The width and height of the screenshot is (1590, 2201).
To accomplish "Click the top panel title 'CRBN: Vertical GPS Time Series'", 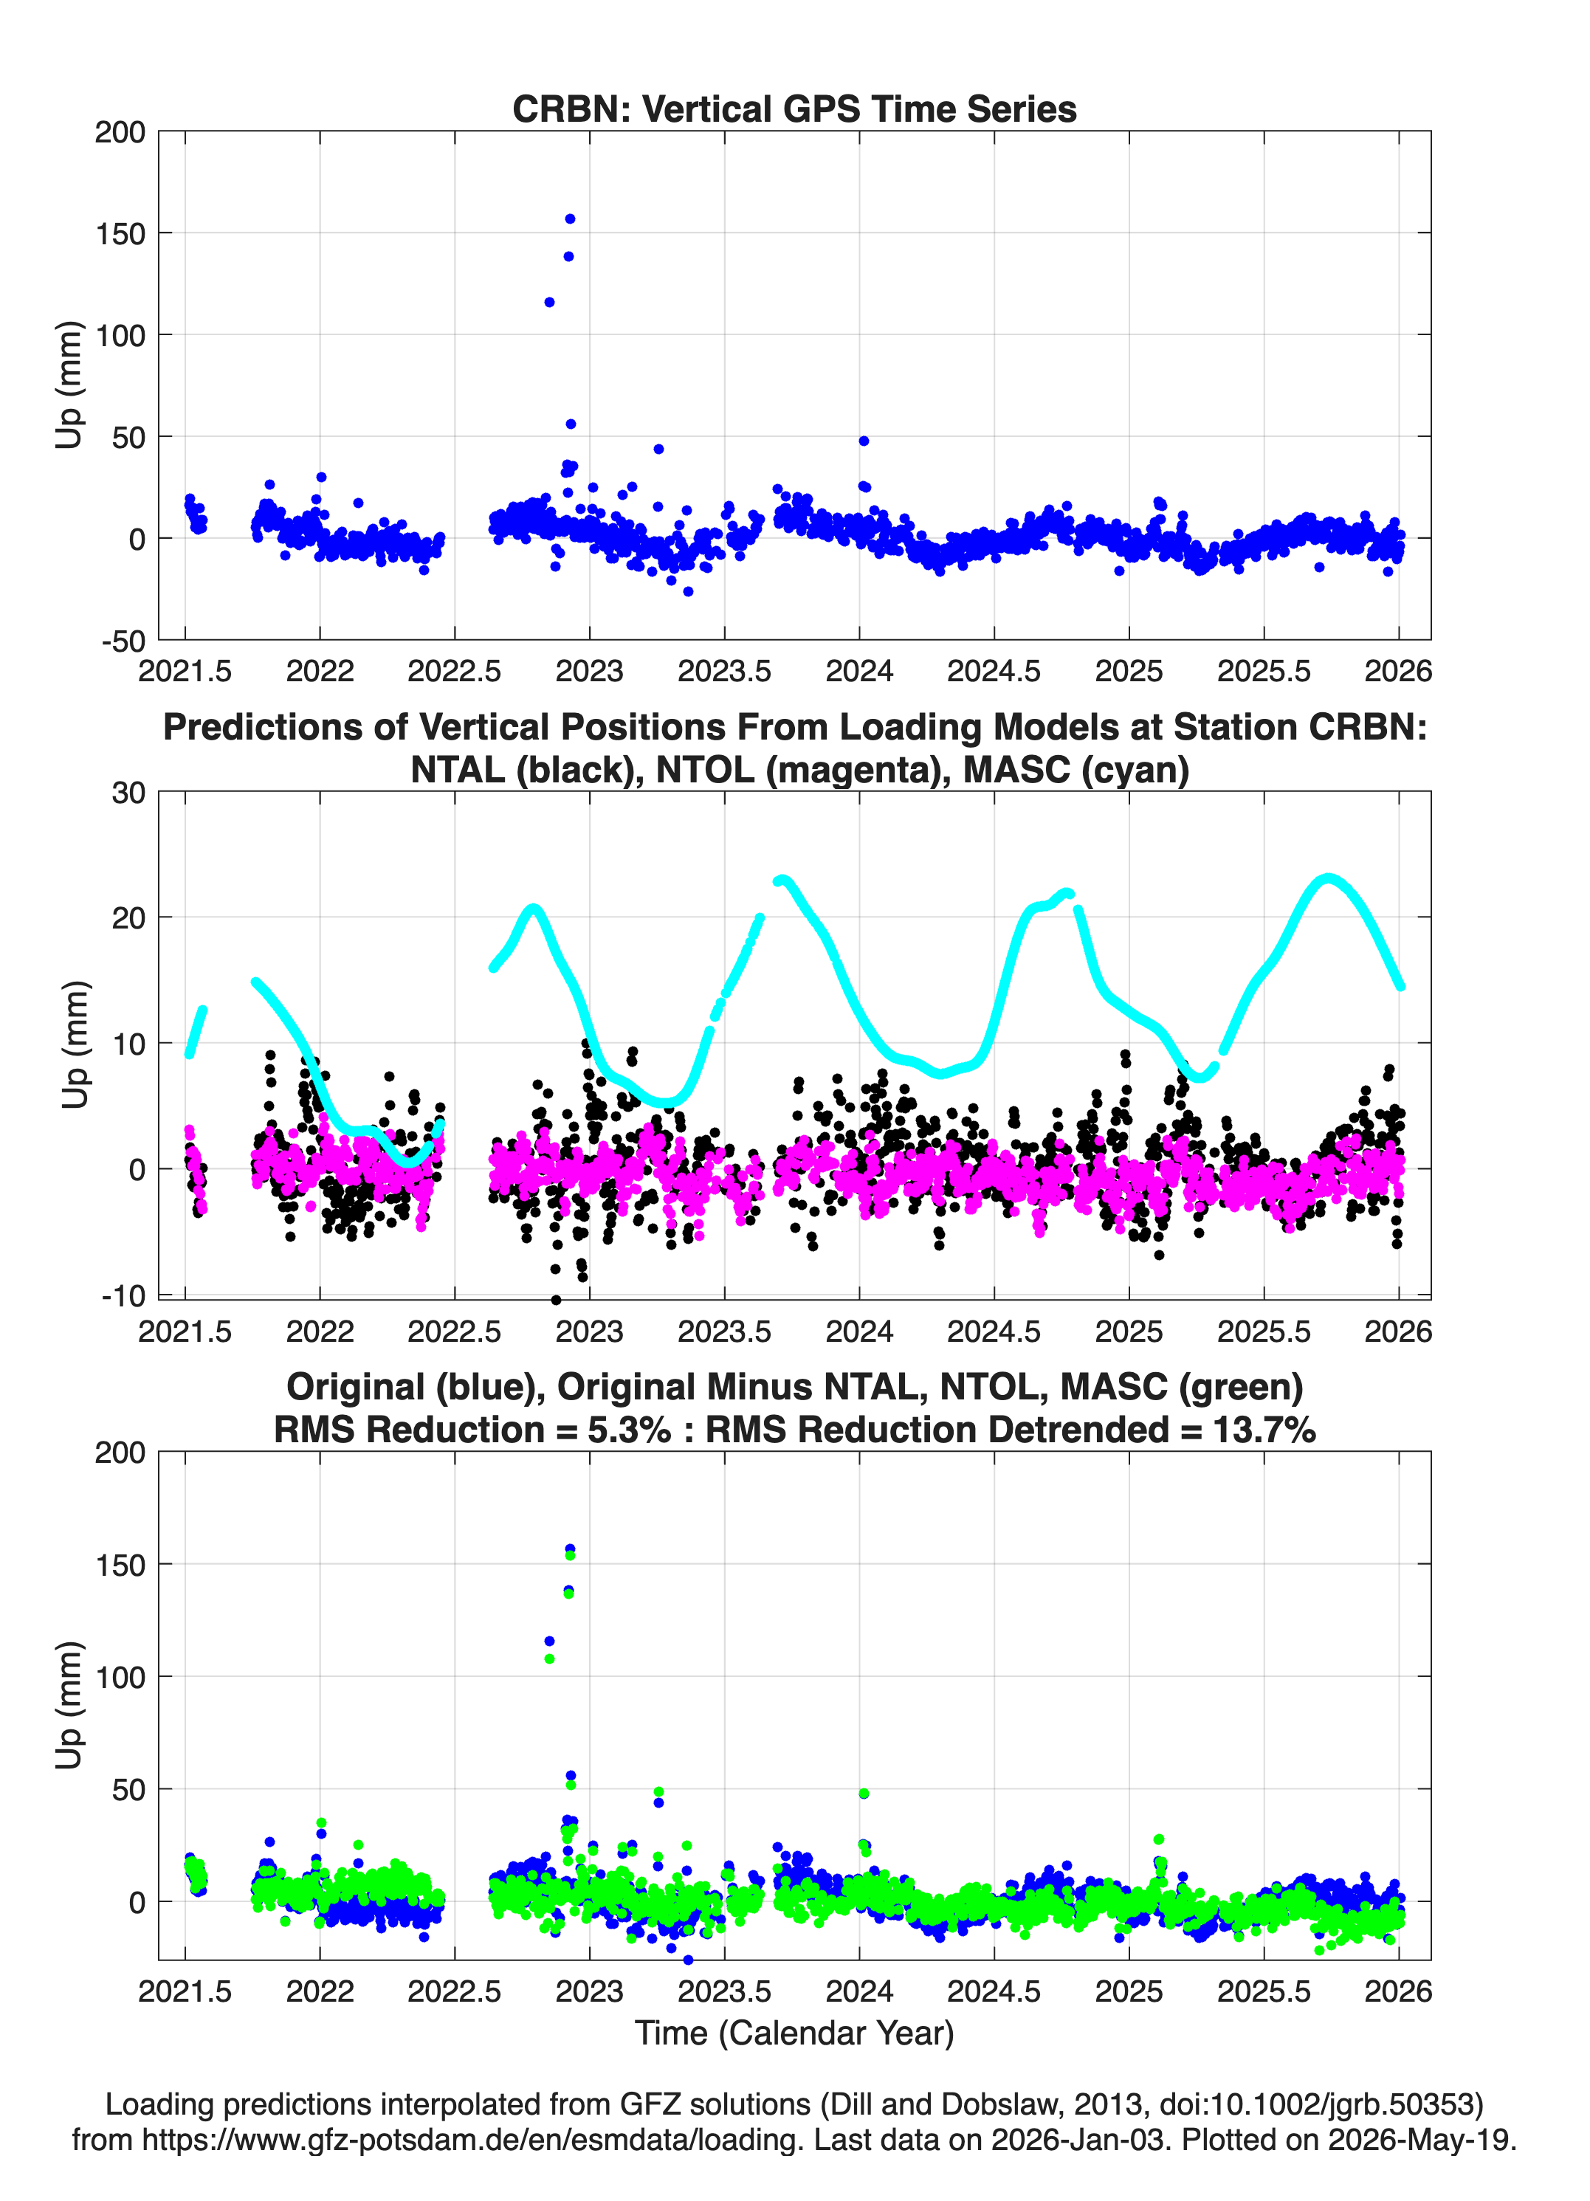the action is tap(794, 108).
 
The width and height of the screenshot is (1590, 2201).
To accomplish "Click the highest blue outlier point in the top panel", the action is tap(570, 219).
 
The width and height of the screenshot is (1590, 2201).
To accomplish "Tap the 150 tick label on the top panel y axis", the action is tap(120, 234).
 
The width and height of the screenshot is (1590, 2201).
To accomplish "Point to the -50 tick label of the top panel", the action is tap(123, 641).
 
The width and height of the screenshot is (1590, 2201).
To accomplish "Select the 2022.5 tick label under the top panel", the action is tap(454, 671).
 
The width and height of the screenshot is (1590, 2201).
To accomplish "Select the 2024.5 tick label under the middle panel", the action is tap(994, 1332).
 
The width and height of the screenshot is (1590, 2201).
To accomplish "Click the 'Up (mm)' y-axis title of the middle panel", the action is tap(75, 1044).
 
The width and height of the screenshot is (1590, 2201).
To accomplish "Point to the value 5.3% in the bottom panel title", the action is tap(629, 1430).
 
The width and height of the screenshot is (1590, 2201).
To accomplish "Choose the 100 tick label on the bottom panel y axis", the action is tap(120, 1677).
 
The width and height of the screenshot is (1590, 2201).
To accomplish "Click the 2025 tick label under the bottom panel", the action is tap(1129, 1991).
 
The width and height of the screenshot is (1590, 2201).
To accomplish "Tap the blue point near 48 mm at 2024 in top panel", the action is tap(864, 441).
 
